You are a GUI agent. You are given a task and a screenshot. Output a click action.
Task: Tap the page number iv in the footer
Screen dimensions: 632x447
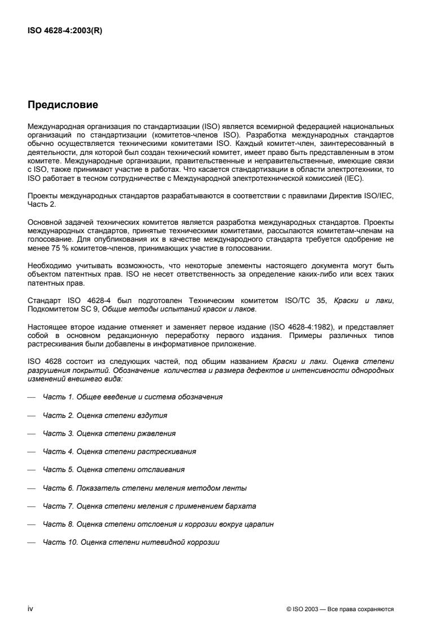pyautogui.click(x=30, y=609)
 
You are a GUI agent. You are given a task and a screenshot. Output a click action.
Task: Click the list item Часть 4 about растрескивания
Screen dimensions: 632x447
pyautogui.click(x=120, y=452)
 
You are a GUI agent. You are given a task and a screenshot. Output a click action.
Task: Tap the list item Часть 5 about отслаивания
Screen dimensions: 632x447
pyautogui.click(x=114, y=469)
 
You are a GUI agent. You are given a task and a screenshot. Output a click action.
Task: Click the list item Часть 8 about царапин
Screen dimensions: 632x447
pyautogui.click(x=158, y=524)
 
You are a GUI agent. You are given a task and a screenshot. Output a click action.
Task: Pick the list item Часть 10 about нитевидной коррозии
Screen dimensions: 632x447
pyautogui.click(x=131, y=542)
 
